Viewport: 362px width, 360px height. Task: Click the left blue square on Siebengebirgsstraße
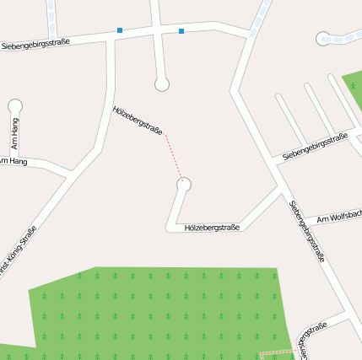120,30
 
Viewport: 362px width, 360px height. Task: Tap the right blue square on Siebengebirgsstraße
181,31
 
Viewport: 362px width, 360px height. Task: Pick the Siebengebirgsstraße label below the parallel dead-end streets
316,146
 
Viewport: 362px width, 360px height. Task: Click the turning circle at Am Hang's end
14,106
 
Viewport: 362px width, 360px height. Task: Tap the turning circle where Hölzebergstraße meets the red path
184,185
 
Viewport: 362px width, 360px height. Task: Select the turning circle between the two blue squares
162,83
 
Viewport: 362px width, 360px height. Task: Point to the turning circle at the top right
322,38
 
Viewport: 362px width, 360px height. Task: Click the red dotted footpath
174,156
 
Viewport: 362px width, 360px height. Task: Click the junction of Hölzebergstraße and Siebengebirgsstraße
278,187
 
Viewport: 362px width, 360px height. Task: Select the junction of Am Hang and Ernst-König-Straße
69,174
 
